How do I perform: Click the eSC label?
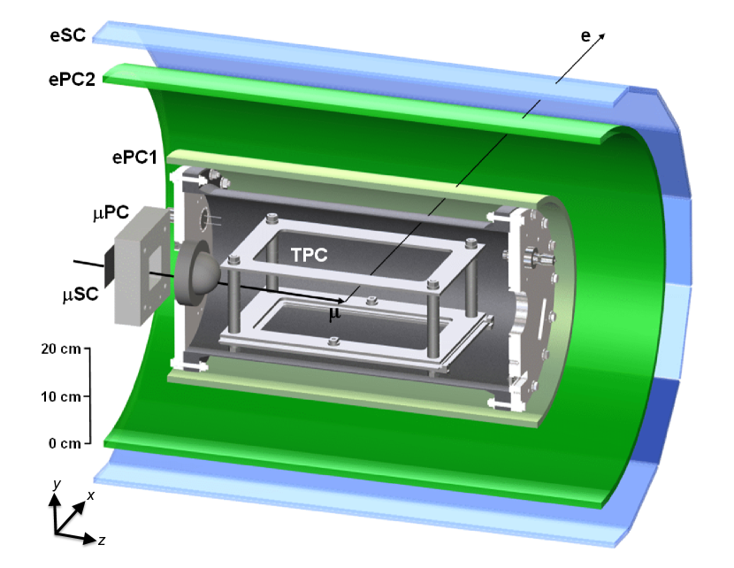(x=68, y=35)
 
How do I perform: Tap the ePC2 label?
(x=73, y=79)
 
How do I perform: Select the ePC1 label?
(x=134, y=157)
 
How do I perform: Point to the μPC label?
(x=111, y=213)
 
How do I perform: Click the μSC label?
(x=80, y=295)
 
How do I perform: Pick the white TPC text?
(x=309, y=255)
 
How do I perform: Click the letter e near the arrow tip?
(x=585, y=36)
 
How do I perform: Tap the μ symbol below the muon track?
(x=334, y=314)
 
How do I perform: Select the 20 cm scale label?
(x=61, y=349)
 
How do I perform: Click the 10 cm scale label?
(x=61, y=396)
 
